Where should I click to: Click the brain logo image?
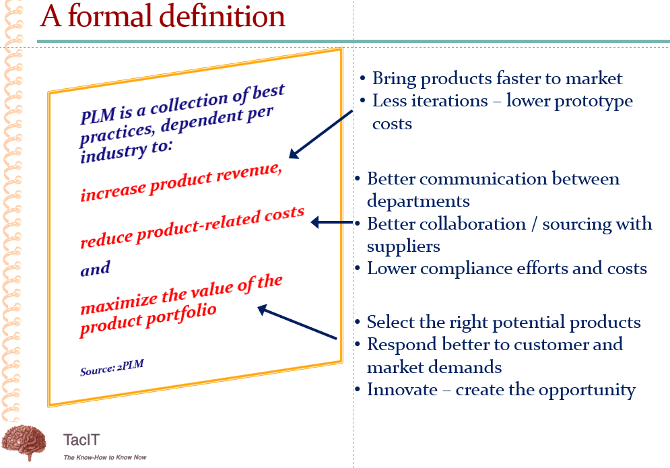point(24,442)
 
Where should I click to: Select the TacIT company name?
point(81,440)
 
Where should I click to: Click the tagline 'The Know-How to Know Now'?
point(105,457)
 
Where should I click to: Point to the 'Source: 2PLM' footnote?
point(112,367)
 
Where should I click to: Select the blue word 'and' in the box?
point(96,269)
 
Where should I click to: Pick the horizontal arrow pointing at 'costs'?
point(332,222)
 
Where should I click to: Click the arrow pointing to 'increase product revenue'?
point(321,134)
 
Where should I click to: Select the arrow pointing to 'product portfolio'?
point(297,322)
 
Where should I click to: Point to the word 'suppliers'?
point(403,247)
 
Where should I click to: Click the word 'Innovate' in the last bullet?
point(402,389)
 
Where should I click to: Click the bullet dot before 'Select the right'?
point(358,323)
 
